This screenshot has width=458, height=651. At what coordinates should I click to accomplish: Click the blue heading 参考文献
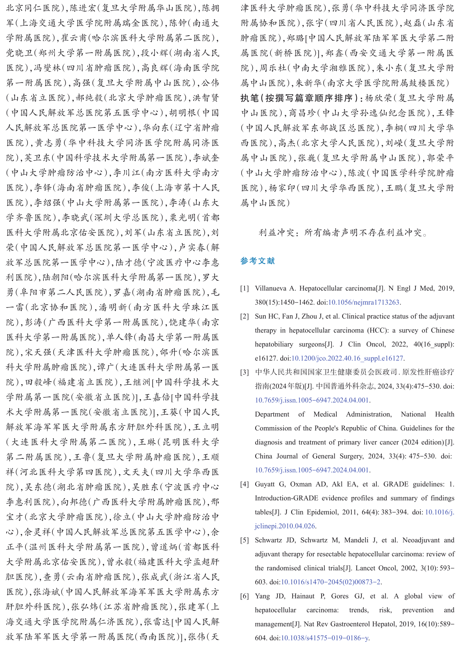257,261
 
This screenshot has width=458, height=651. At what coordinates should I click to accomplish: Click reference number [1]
245,289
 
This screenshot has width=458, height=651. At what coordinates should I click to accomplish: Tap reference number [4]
245,484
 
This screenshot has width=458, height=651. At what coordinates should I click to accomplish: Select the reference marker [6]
245,596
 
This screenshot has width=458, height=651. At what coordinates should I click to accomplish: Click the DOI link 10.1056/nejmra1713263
364,303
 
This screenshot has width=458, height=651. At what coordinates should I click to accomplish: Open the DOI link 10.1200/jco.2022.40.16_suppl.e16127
347,358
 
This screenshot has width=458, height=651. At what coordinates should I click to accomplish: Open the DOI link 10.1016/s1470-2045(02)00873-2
331,582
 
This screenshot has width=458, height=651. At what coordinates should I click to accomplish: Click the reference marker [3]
245,372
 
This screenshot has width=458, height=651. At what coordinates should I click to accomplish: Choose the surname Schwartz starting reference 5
268,540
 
